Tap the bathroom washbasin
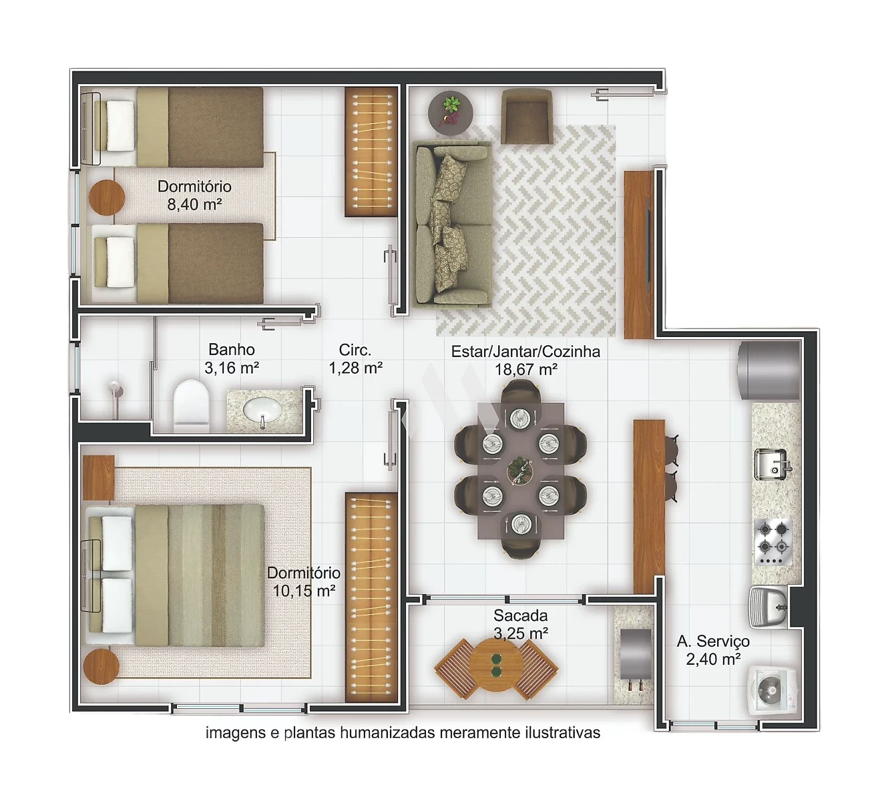pos(262,409)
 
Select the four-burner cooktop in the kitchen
pos(773,541)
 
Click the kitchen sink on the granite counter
pos(773,464)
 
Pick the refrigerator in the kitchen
pos(769,370)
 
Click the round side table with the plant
pos(451,113)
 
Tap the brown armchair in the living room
pos(527,116)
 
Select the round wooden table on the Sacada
pos(496,671)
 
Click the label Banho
pos(232,350)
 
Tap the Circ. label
pos(355,350)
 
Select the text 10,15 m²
pos(304,591)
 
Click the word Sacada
pos(521,615)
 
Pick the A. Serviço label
pos(713,641)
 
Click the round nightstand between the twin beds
pos(107,198)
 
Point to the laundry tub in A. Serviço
pos(768,607)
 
